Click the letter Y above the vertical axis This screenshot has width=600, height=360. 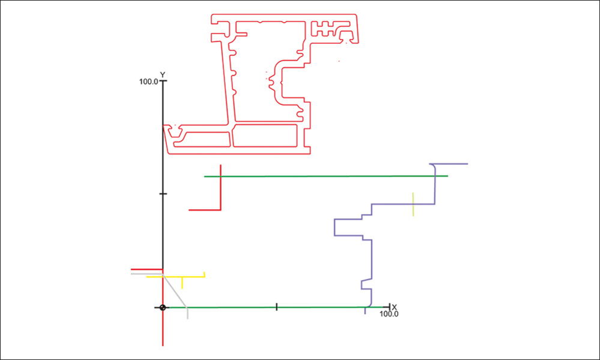point(163,75)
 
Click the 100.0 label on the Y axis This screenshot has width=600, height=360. point(148,81)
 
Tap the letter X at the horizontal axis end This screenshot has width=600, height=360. point(394,307)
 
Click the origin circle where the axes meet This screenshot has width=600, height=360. point(163,308)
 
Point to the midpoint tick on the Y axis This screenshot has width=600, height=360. point(163,194)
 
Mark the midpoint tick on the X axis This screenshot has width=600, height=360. point(276,307)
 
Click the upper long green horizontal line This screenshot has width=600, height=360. point(324,176)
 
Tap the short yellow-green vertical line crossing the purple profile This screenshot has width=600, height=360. point(413,204)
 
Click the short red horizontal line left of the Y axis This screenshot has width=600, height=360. point(147,270)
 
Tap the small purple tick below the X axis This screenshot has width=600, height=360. point(365,311)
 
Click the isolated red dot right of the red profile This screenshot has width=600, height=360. point(339,61)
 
